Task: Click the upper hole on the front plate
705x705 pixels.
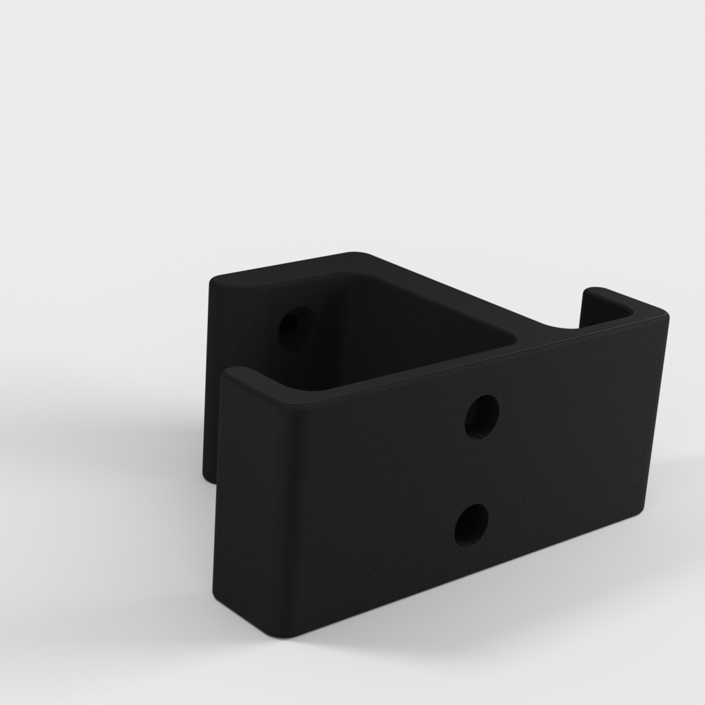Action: [482, 416]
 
